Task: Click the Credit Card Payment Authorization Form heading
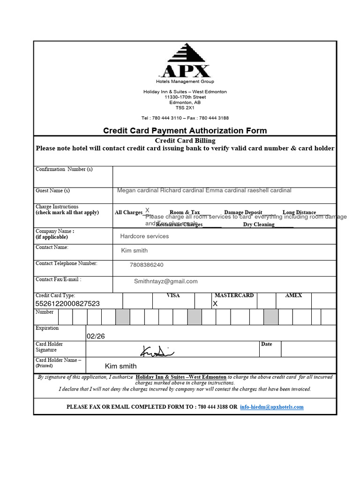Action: (185, 131)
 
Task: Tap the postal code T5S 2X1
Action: (185, 107)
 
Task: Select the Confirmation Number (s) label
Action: (64, 169)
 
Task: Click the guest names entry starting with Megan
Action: (204, 190)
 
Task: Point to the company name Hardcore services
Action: (144, 236)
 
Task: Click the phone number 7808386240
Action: (147, 265)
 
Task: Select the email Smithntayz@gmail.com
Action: (166, 281)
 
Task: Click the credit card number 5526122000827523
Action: (67, 304)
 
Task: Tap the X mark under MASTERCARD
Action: (215, 304)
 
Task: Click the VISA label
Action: (173, 296)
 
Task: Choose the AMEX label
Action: (293, 296)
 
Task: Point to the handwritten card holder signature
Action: (157, 350)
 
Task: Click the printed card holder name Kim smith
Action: (121, 366)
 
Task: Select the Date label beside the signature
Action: (266, 344)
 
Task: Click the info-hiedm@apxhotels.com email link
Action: (271, 407)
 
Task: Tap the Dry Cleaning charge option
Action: (259, 225)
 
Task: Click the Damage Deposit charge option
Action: (243, 212)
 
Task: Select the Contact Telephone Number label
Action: (67, 263)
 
